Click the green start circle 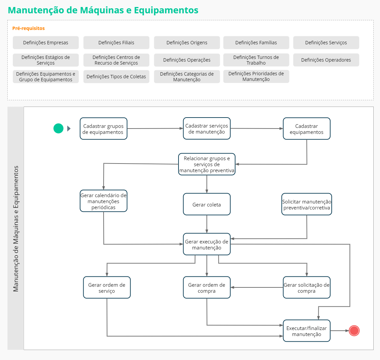tap(58, 128)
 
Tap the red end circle tap(354, 331)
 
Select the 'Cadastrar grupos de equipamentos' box tap(104, 129)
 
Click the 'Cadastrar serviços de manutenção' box tap(206, 129)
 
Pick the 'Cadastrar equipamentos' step tap(306, 129)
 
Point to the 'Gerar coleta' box tap(206, 204)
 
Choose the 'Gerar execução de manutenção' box tap(206, 244)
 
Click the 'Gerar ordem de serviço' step tap(107, 287)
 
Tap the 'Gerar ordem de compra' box tap(206, 287)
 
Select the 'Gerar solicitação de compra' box tap(306, 287)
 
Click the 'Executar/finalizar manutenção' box tap(306, 331)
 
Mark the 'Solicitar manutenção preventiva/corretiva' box tap(306, 204)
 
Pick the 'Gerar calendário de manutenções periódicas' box tap(104, 201)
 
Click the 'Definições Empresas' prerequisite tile tap(46, 43)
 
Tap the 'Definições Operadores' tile tap(326, 60)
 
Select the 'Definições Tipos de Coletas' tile tap(116, 77)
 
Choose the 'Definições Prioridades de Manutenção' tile tap(256, 77)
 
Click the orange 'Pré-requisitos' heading tap(28, 28)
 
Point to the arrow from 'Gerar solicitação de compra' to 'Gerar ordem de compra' tap(256, 287)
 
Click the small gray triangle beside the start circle tap(69, 129)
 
